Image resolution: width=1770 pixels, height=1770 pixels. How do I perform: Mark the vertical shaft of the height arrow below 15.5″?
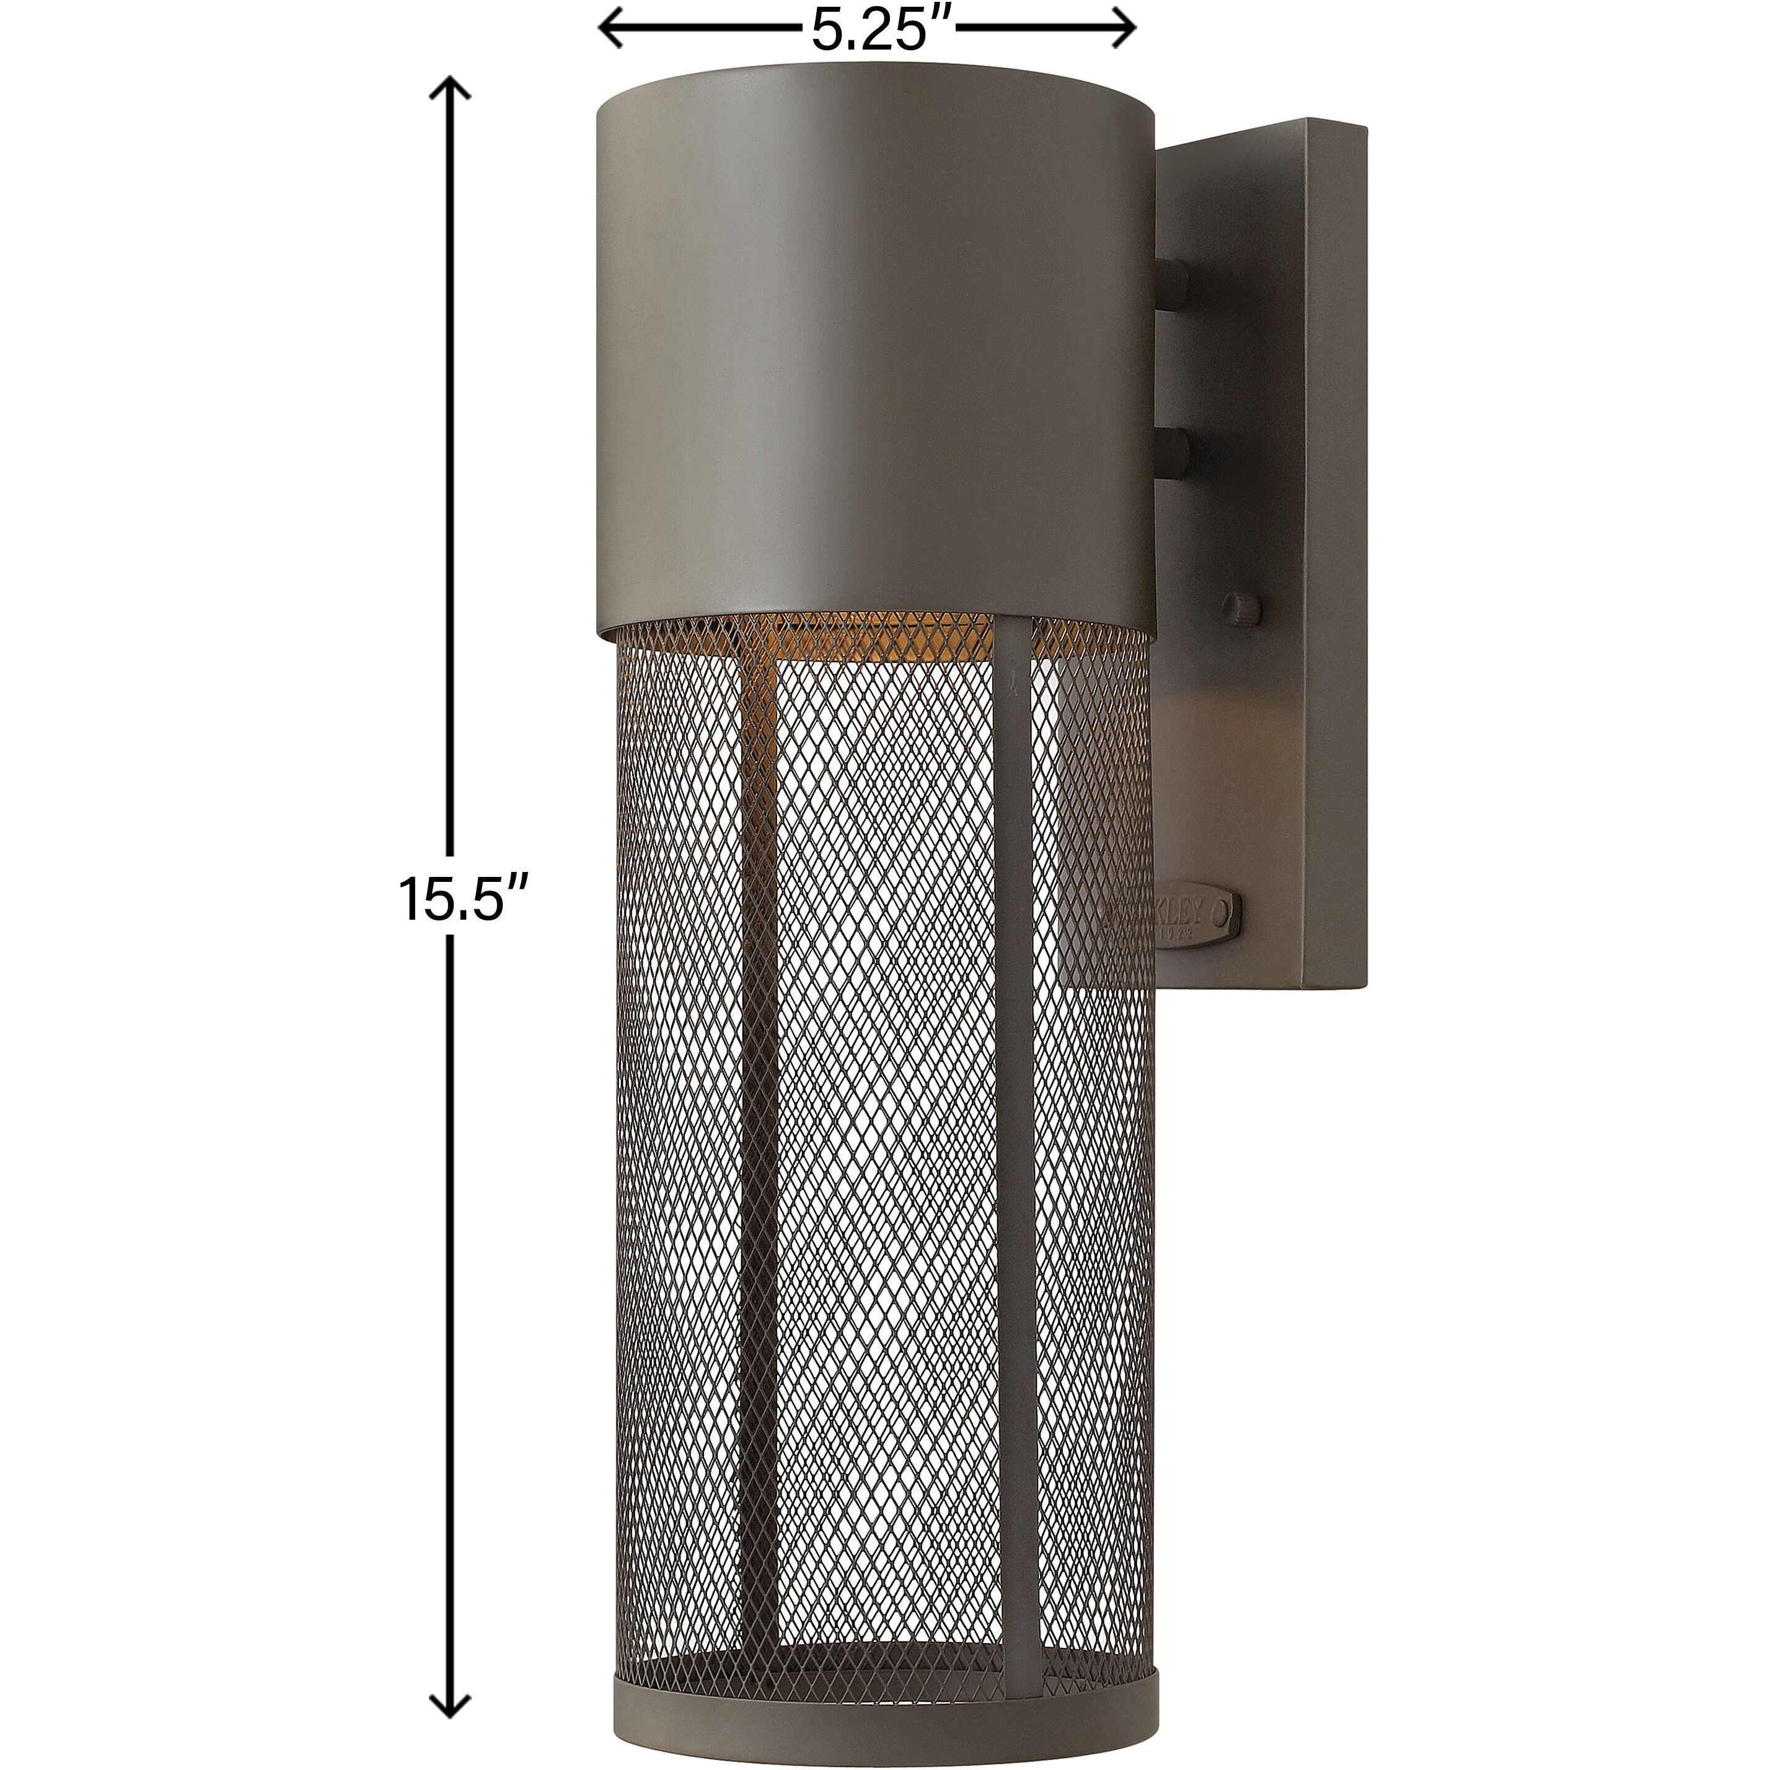pyautogui.click(x=450, y=1283)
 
